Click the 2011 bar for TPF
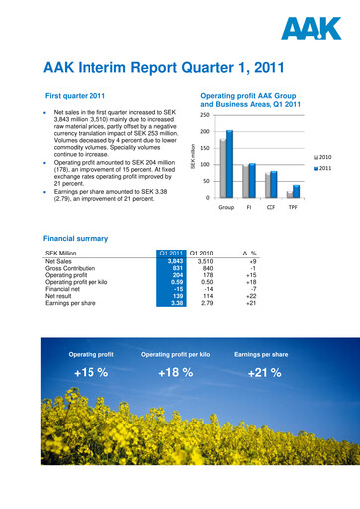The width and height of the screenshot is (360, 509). [x=296, y=191]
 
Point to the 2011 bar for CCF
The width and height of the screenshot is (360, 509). [x=274, y=184]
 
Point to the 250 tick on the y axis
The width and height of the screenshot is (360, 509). [x=203, y=116]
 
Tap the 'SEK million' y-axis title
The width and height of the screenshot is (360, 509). [x=193, y=156]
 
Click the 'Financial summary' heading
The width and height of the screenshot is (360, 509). [x=83, y=239]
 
